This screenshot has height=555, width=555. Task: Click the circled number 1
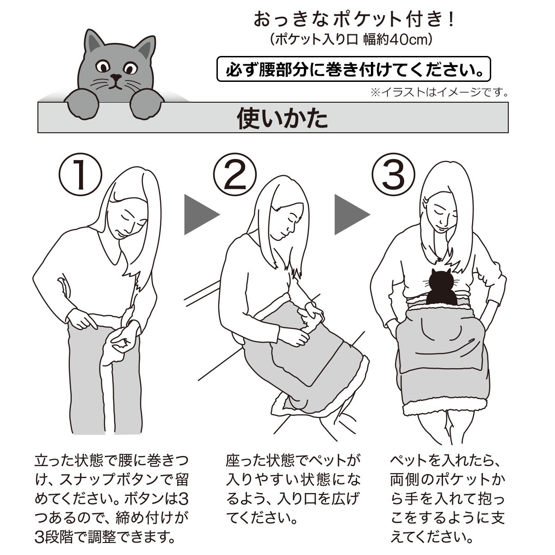(80, 174)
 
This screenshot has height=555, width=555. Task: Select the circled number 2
(235, 174)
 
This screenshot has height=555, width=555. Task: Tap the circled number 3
(394, 174)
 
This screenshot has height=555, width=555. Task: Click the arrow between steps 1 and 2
(202, 215)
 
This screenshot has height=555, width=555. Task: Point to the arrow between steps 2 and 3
(352, 215)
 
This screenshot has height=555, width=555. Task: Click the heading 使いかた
(282, 118)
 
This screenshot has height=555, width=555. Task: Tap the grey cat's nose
(116, 77)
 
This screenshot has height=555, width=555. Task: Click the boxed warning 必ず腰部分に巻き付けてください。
(354, 69)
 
